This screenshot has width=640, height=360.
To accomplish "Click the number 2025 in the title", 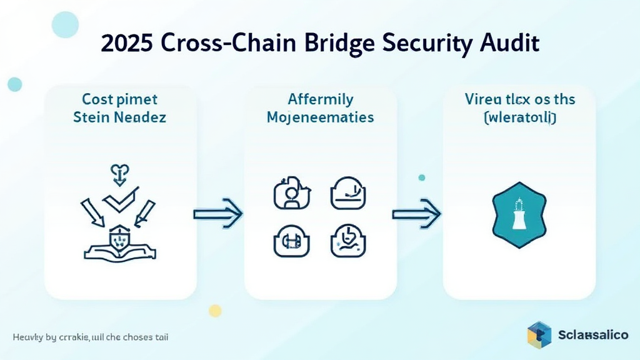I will click(127, 44).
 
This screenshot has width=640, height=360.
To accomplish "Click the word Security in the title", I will click(424, 44).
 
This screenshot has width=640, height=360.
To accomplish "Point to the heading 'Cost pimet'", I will click(119, 99).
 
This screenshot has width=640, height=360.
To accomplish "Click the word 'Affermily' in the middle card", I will click(320, 99).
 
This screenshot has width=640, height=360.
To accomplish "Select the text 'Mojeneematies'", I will click(320, 117).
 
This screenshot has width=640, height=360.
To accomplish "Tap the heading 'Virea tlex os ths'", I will click(520, 99).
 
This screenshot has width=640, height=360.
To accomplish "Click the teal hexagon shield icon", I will click(519, 214).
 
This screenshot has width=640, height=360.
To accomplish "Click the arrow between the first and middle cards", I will click(217, 214).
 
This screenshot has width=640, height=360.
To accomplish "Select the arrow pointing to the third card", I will click(416, 214).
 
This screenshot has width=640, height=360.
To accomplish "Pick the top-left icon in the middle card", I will click(289, 192).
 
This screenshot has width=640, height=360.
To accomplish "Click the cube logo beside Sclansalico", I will click(539, 334).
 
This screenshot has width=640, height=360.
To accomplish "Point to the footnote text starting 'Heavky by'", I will click(90, 337).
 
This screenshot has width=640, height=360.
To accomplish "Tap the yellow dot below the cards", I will click(216, 310).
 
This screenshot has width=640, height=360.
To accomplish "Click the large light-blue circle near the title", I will click(65, 25).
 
